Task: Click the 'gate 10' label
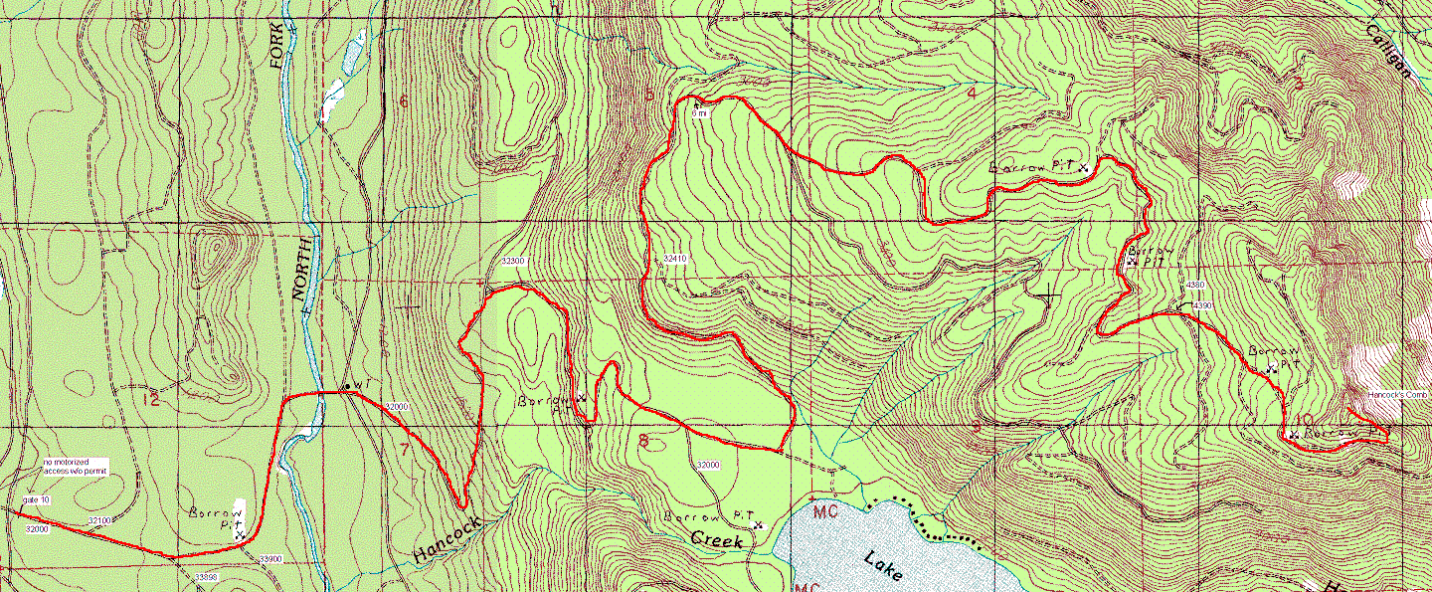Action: [36, 499]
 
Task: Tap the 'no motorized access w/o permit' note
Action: [75, 467]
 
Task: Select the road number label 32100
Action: [99, 520]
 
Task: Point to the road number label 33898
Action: [206, 577]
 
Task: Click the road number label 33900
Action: [270, 559]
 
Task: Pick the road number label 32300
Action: [512, 261]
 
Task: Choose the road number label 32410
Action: [675, 259]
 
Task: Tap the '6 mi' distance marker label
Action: [699, 113]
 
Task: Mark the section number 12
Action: [151, 400]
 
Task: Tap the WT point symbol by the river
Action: [347, 385]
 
